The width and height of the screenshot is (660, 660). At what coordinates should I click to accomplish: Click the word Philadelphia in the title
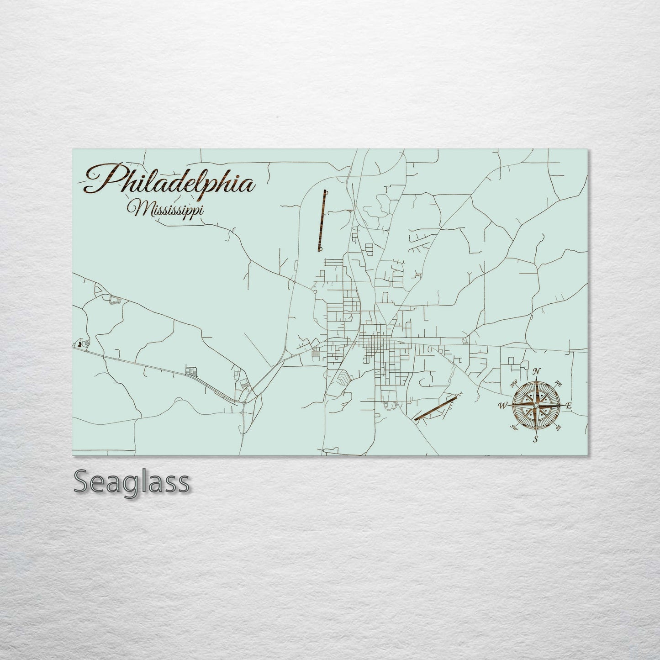point(169,181)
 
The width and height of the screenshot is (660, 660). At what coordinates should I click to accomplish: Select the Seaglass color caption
point(131,482)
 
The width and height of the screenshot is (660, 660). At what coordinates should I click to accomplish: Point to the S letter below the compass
point(536,439)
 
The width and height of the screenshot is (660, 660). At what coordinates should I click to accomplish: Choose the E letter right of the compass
point(569,406)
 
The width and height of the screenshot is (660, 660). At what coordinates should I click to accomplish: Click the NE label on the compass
point(558,382)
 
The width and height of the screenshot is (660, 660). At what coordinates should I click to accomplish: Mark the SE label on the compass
point(558,428)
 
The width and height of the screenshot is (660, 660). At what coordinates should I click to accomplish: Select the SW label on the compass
point(514,428)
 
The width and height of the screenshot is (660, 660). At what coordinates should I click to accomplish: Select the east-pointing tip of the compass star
point(563,405)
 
